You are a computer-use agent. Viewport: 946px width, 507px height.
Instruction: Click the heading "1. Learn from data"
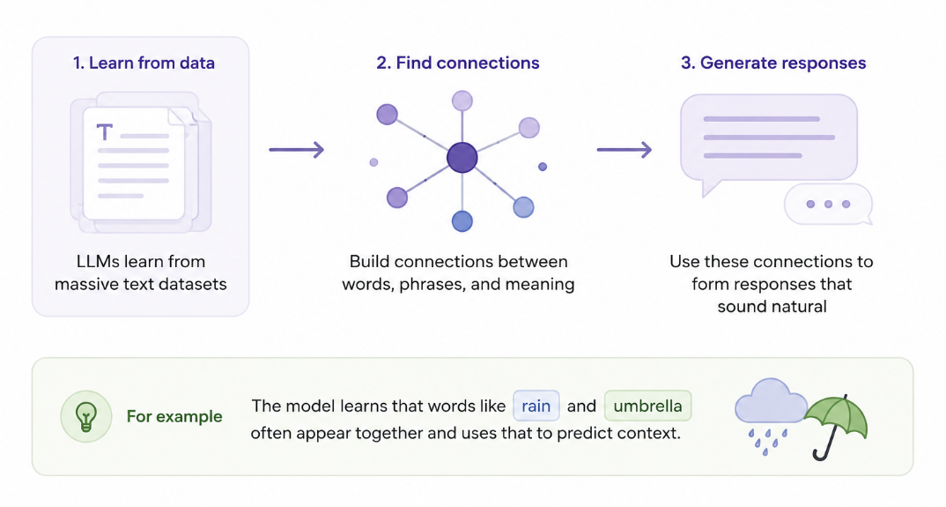tap(144, 63)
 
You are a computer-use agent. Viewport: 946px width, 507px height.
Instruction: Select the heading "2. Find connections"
tap(458, 63)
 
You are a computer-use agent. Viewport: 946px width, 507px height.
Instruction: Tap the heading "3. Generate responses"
tap(773, 63)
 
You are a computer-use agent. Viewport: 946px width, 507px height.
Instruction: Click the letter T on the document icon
tap(105, 131)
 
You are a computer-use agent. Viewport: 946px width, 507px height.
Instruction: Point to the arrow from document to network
tap(296, 149)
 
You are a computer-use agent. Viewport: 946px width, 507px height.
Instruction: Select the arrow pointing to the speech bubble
tap(625, 149)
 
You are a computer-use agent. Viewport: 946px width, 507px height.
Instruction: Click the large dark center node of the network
tap(462, 158)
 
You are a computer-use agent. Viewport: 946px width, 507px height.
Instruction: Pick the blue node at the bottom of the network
tap(462, 221)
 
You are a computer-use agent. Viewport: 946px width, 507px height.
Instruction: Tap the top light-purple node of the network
tap(462, 101)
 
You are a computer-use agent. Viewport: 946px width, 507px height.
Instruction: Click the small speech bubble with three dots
tap(828, 205)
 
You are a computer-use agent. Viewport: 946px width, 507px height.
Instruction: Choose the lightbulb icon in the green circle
tap(85, 416)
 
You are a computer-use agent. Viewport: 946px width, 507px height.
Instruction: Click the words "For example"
tap(174, 416)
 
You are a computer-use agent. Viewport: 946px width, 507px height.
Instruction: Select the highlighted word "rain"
tap(536, 406)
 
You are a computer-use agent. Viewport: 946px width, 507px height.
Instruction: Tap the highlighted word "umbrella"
tap(648, 406)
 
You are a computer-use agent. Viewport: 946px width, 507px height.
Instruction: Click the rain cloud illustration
tap(771, 410)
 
